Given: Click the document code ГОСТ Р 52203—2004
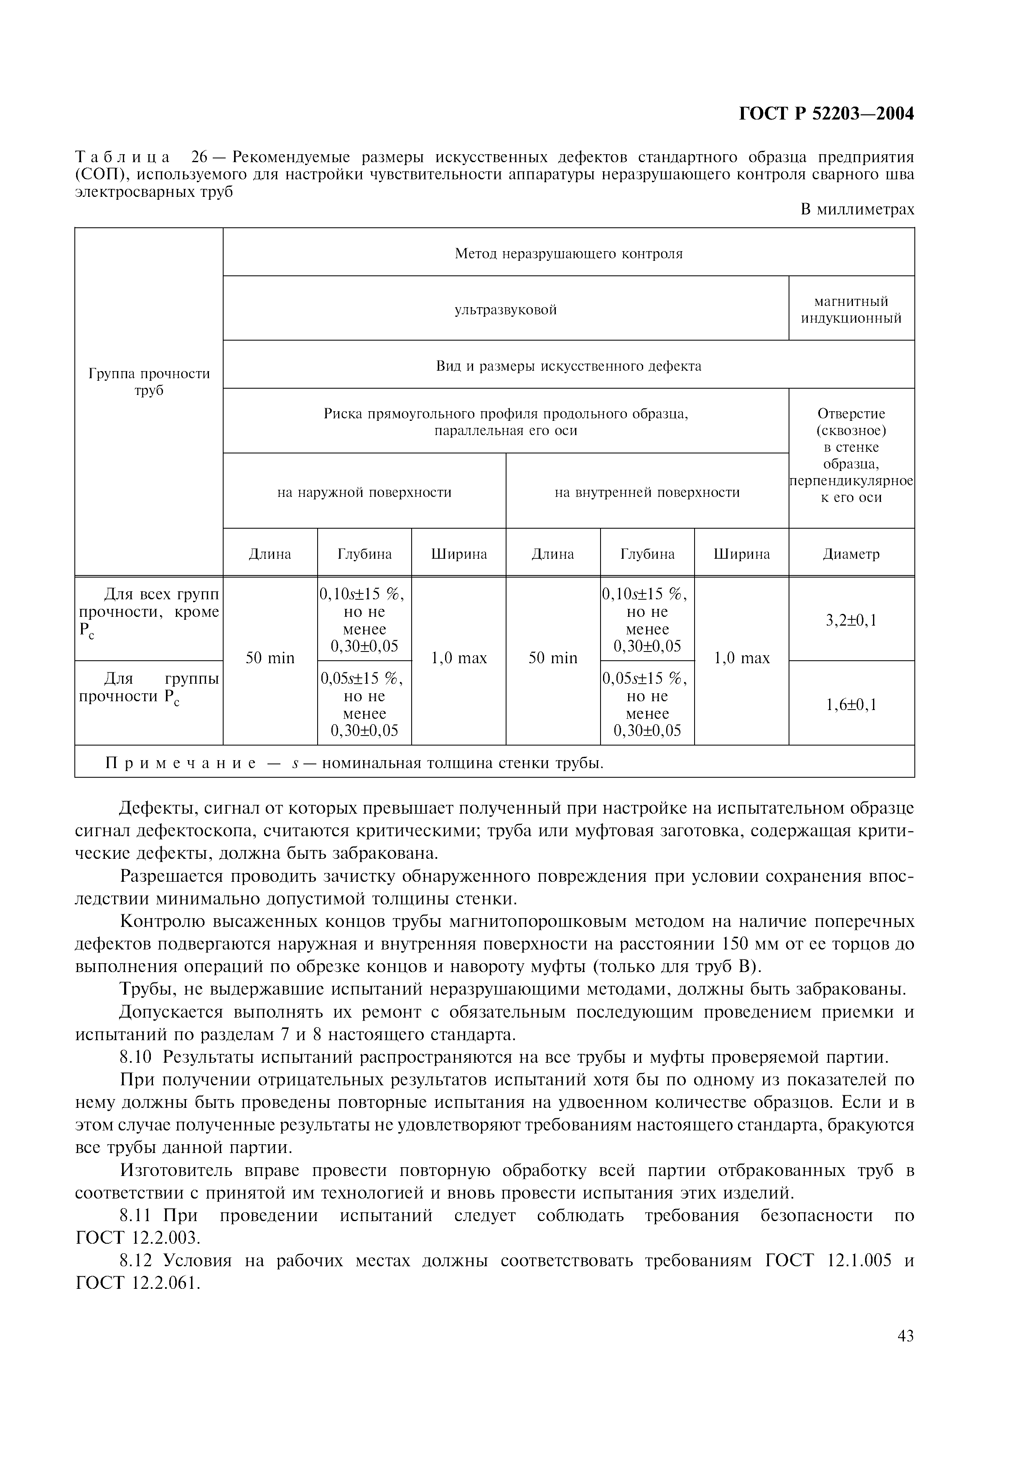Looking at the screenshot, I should [826, 114].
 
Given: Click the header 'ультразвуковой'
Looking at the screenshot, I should [506, 310].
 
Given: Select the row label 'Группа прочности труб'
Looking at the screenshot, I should [149, 382].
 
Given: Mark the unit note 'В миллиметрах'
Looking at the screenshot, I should [857, 209].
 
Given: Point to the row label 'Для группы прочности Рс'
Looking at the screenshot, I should [149, 688].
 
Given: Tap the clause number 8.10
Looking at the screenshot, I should [136, 1057].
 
